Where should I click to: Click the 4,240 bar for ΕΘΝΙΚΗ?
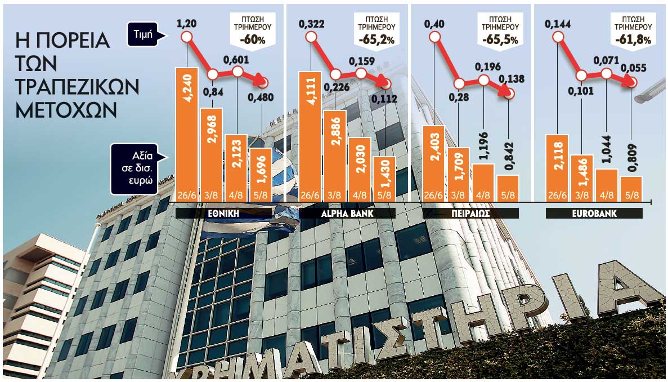coord(187,132)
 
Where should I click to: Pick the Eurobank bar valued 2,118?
coord(557,166)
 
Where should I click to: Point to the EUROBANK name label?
coord(594,214)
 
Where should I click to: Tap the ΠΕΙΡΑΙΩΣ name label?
coord(471,214)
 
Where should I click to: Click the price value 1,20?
coord(186,24)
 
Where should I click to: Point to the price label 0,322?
coord(310,24)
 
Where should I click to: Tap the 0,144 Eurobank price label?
coord(557,24)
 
